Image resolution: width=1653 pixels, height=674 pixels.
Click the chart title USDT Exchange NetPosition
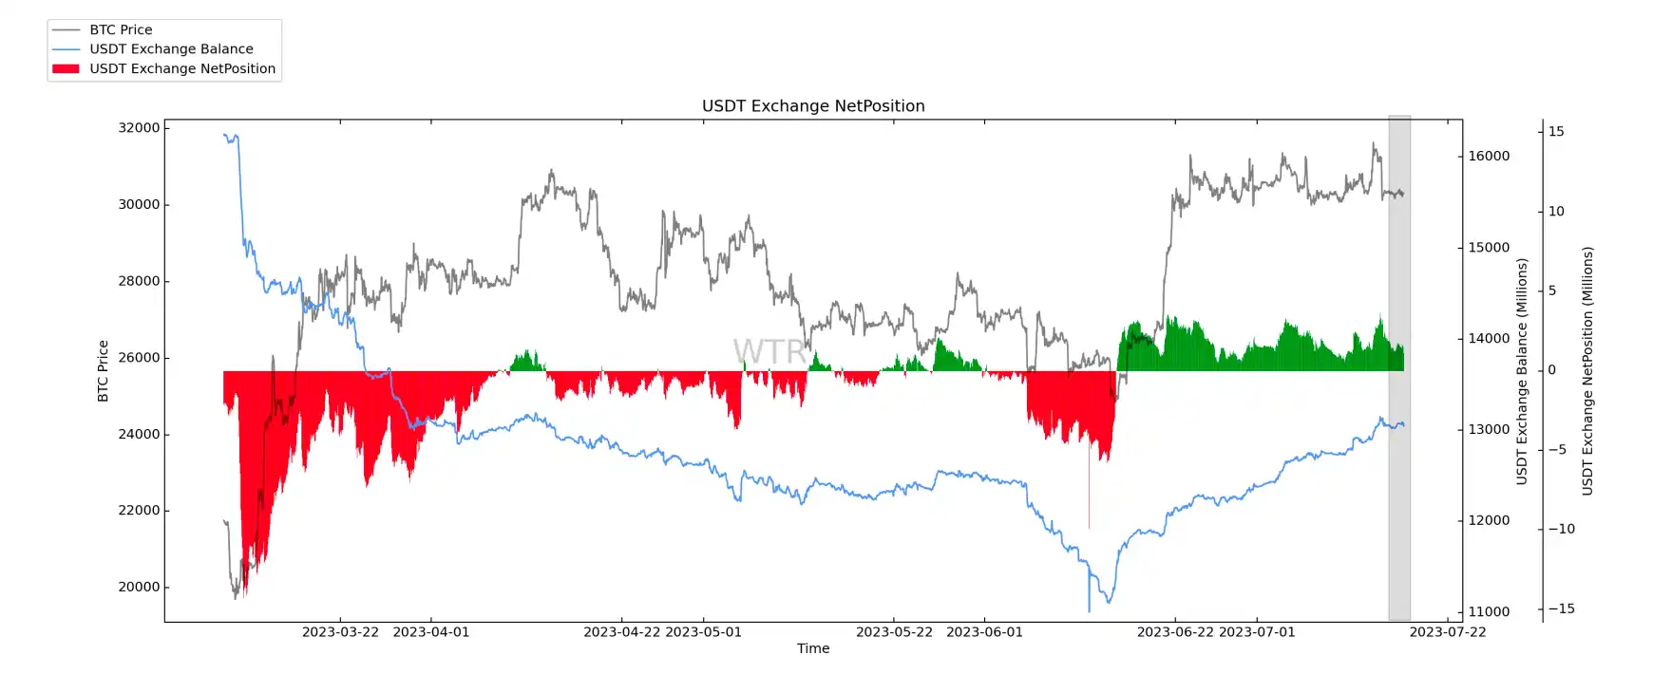pos(813,106)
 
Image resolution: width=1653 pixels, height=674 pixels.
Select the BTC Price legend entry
pos(121,29)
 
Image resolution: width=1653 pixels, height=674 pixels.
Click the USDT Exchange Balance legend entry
pos(171,49)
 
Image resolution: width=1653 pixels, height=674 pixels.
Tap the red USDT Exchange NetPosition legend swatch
pos(66,68)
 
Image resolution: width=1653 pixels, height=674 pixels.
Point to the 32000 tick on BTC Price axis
pos(139,128)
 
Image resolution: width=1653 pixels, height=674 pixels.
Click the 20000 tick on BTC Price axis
pos(139,588)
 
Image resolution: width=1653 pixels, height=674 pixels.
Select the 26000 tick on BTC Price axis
pos(139,358)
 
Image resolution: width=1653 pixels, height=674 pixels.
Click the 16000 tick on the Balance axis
pos(1489,157)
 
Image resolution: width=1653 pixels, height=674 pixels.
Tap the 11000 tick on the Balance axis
pos(1489,612)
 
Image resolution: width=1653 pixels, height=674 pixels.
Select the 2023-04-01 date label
pos(430,632)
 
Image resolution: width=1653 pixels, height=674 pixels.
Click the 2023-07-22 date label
pos(1448,632)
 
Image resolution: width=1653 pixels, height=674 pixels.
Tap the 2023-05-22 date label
pos(894,632)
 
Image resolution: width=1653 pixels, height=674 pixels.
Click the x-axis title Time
pos(813,648)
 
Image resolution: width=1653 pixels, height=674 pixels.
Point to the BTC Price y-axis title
pos(104,371)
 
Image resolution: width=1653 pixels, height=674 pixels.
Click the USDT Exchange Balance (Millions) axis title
pos(1522,371)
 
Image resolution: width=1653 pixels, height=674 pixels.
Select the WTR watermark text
pos(769,352)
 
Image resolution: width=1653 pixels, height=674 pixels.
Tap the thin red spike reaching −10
pos(1089,494)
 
